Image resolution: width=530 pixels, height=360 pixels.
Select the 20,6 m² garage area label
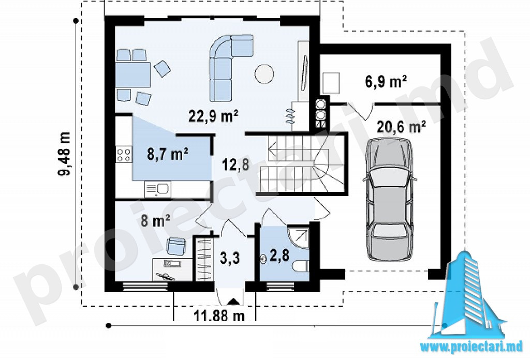pyautogui.click(x=401, y=127)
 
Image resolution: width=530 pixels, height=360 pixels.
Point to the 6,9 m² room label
pyautogui.click(x=386, y=81)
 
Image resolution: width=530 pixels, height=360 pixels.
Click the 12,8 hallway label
pyautogui.click(x=235, y=165)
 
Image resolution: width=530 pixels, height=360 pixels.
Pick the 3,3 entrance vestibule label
pyautogui.click(x=230, y=258)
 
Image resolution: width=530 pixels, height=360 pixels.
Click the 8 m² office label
pyautogui.click(x=155, y=221)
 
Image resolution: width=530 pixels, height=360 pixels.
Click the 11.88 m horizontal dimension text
pyautogui.click(x=219, y=316)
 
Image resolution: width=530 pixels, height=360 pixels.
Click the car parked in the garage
pyautogui.click(x=389, y=200)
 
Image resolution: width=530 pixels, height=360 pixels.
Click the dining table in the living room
pyautogui.click(x=133, y=74)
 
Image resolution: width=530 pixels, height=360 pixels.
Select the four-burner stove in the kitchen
pyautogui.click(x=124, y=155)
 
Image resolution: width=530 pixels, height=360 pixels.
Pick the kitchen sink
pyautogui.click(x=158, y=189)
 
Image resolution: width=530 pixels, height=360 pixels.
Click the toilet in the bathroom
pyautogui.click(x=301, y=266)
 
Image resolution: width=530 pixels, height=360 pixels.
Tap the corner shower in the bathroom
pyautogui.click(x=298, y=238)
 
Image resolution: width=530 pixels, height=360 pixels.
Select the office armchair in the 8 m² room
pyautogui.click(x=176, y=246)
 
